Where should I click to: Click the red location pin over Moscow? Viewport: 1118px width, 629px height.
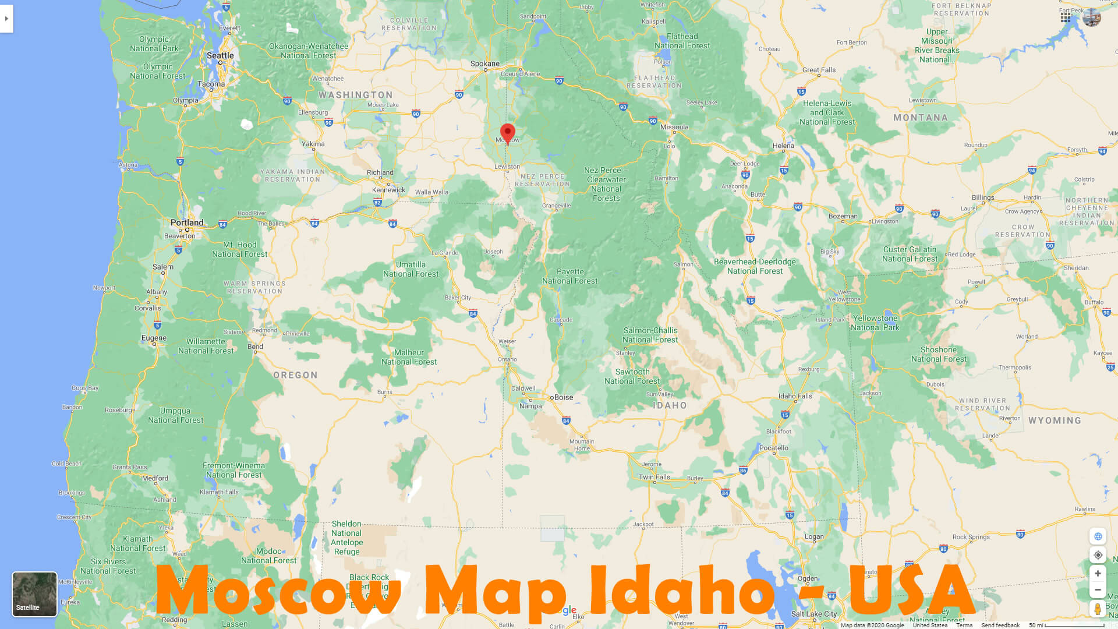[x=508, y=132]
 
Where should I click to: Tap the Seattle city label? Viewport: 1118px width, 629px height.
[x=220, y=55]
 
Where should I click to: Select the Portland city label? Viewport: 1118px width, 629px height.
[x=187, y=222]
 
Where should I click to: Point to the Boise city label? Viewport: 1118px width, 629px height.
[x=563, y=397]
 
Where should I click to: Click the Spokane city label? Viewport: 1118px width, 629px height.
[x=485, y=63]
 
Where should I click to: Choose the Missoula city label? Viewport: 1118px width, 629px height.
[x=674, y=127]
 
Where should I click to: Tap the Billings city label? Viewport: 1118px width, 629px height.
[x=983, y=197]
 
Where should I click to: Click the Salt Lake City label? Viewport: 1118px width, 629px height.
[x=813, y=614]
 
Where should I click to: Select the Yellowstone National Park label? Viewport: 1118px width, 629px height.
[x=875, y=323]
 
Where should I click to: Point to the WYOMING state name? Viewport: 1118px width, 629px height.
[x=1055, y=420]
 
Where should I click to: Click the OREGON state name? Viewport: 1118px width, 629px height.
[x=295, y=375]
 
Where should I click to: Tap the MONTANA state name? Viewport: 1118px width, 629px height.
[x=920, y=118]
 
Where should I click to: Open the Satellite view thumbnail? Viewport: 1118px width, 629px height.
[x=34, y=593]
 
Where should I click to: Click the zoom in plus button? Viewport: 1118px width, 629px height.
[x=1098, y=574]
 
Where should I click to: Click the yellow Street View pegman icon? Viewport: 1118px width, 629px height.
[x=1098, y=609]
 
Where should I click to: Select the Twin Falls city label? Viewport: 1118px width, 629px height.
[x=654, y=477]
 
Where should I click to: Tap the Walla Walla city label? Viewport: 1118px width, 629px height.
[x=431, y=192]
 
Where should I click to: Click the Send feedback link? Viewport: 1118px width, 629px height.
[x=1000, y=626]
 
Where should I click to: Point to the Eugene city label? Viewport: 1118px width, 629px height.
[x=154, y=338]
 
